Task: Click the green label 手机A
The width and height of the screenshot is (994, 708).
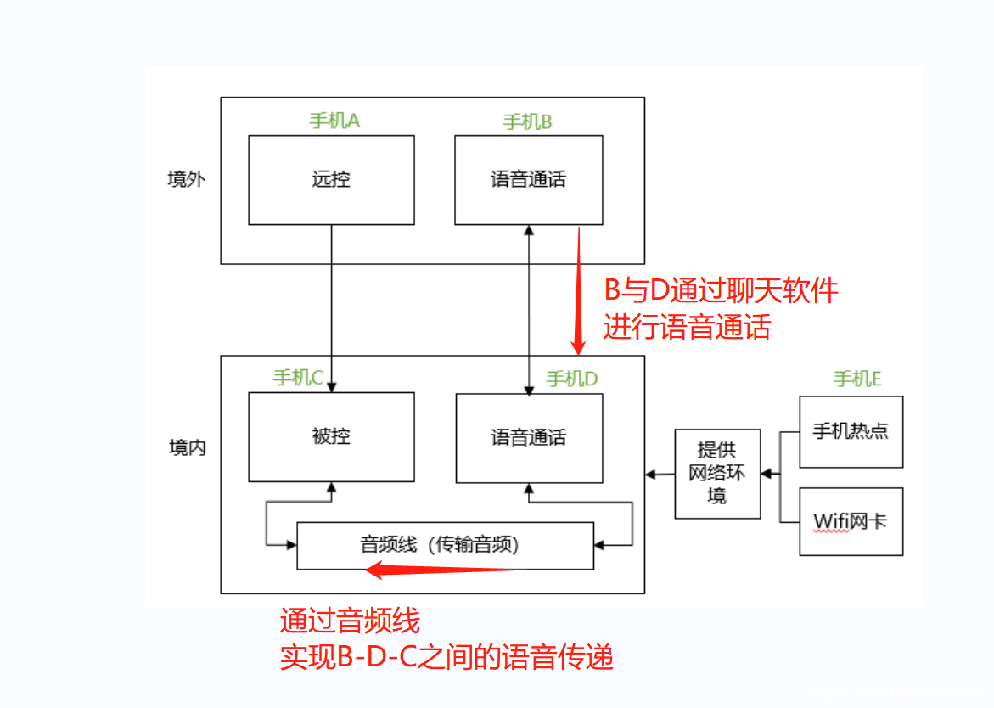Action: coord(334,121)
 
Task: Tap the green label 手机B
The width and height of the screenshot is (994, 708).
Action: coord(527,122)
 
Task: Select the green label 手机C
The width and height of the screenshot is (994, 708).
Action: coord(298,378)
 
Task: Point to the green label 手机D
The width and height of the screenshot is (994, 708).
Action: coord(571,379)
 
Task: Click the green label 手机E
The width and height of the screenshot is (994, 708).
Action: coord(857,379)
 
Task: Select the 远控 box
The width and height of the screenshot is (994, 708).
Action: coord(331,180)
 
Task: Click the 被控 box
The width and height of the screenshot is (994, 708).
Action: coord(331,437)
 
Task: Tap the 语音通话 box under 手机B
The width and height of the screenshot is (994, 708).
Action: coord(528,180)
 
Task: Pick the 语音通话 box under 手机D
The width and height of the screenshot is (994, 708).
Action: coord(528,438)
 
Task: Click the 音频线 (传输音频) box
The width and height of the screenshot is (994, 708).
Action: coord(445,545)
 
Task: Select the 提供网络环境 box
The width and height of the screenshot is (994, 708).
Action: coord(717,474)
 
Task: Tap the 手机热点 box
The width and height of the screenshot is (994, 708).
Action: coord(851,431)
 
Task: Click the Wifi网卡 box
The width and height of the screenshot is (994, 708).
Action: coord(851,521)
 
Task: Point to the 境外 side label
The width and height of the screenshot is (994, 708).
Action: coord(187,180)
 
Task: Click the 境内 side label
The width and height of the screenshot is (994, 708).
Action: coord(187,447)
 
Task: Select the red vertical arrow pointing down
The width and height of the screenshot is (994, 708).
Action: coord(579,289)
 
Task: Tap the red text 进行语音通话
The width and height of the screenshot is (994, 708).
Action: coord(687,327)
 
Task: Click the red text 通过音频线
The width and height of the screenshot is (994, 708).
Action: coord(350,621)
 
